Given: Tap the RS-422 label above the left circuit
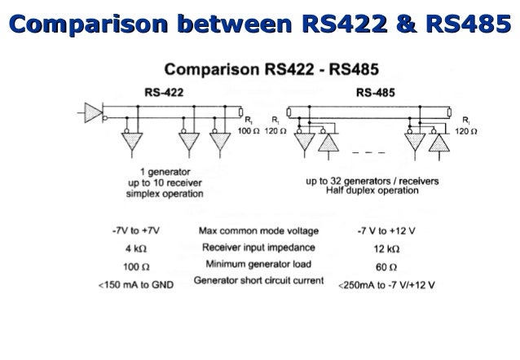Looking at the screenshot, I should point(164,92).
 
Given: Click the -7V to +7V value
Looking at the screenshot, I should point(136,230).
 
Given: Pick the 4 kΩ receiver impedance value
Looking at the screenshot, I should point(135,248).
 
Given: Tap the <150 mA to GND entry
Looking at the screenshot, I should point(136,283).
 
